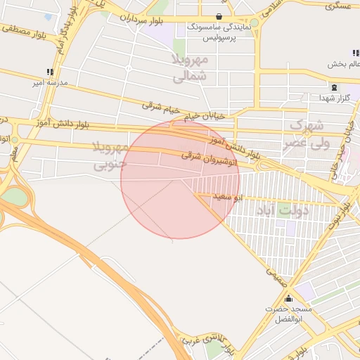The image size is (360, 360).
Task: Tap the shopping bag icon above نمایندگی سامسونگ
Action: pyautogui.click(x=219, y=15)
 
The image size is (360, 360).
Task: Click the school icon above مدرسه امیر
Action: pyautogui.click(x=49, y=72)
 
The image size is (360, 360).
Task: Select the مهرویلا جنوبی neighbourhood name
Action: pyautogui.click(x=110, y=155)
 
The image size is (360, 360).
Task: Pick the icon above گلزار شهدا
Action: pyautogui.click(x=333, y=87)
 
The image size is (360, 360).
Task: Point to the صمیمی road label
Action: pyautogui.click(x=277, y=277)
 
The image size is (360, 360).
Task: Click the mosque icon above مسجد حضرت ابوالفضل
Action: pyautogui.click(x=288, y=298)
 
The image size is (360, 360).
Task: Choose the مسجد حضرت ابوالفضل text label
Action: pyautogui.click(x=284, y=314)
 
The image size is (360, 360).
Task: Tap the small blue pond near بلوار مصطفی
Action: pyautogui.click(x=48, y=17)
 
